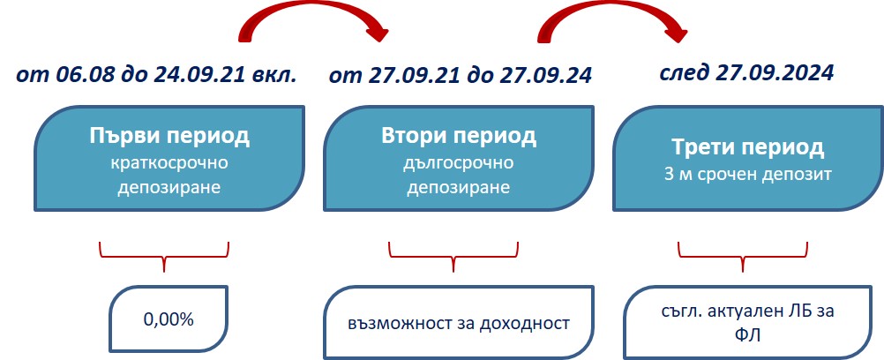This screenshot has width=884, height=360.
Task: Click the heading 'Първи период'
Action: [169, 137]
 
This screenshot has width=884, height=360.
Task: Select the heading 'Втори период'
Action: [459, 137]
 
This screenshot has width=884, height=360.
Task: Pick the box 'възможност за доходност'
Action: [459, 321]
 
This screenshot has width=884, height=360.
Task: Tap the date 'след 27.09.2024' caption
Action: [747, 72]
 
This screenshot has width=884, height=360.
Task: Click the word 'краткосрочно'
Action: [169, 163]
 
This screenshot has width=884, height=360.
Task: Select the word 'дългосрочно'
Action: [459, 163]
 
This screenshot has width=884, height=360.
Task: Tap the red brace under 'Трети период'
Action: [744, 257]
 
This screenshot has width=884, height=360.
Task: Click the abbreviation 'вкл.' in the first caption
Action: [275, 73]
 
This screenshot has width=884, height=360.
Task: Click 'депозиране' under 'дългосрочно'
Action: [459, 188]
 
